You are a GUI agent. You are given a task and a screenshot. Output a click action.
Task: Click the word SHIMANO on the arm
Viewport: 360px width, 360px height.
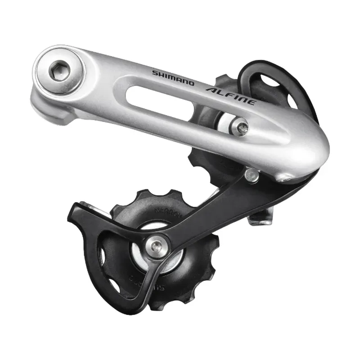pos(173,77)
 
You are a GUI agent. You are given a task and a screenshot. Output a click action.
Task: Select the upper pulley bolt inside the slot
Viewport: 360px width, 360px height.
pos(239,126)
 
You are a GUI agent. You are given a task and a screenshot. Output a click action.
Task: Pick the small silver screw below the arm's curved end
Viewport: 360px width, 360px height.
pos(253,175)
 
